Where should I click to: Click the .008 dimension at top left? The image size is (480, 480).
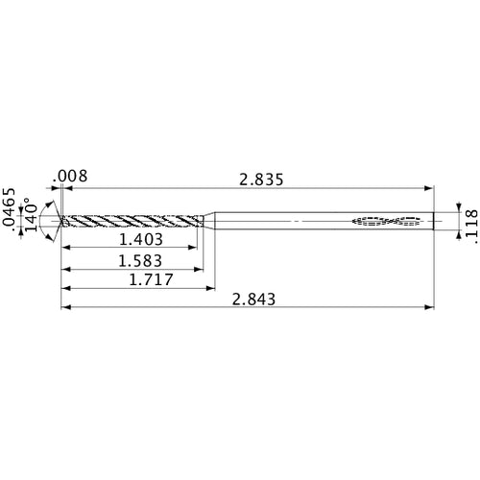tap(72, 177)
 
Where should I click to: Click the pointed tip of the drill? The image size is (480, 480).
tap(61, 222)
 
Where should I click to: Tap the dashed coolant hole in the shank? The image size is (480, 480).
tap(389, 222)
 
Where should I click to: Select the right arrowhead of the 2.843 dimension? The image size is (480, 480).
tap(427, 308)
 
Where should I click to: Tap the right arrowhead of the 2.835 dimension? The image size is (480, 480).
tap(427, 189)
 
